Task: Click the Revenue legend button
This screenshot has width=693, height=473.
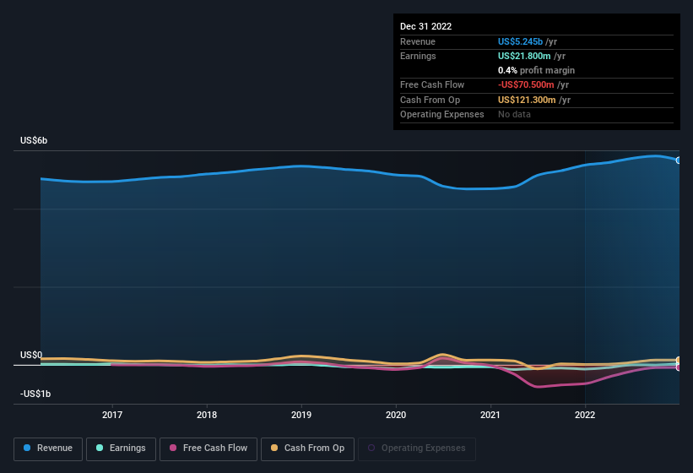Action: point(49,448)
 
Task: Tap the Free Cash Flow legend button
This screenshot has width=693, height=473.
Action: point(208,448)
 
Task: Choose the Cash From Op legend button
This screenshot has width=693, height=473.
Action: point(306,448)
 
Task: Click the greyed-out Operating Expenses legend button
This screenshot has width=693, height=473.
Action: point(417,448)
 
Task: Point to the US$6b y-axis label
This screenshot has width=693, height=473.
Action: point(35,140)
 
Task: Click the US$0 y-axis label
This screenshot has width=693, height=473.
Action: point(31,356)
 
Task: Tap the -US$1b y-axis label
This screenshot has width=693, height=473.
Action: point(35,394)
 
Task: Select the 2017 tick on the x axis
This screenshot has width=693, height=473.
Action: point(112,415)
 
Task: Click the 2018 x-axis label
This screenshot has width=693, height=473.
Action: point(207,415)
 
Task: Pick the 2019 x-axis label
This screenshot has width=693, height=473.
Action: point(301,415)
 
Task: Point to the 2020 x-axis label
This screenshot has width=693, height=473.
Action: point(396,415)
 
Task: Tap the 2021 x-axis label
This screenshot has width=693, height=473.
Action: point(490,415)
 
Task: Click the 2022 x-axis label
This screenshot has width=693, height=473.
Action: point(585,415)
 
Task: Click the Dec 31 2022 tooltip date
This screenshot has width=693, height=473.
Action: point(425,26)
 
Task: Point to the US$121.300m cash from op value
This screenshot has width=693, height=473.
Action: point(527,100)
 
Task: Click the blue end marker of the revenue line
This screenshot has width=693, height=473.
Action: point(679,160)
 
